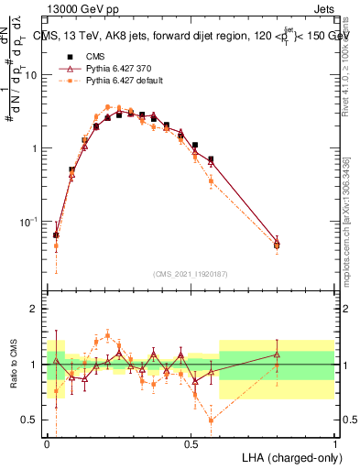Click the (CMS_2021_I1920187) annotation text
point(191,274)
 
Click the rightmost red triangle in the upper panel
point(277,240)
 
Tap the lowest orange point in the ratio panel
point(212,420)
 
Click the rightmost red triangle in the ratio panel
point(277,354)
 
